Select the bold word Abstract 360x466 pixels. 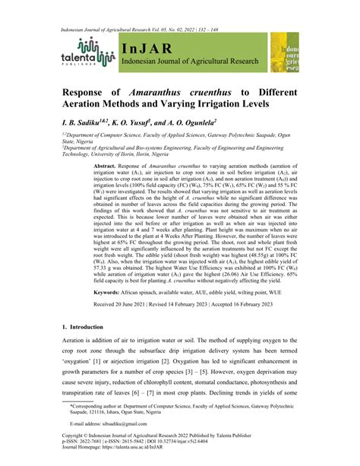coord(108,165)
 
